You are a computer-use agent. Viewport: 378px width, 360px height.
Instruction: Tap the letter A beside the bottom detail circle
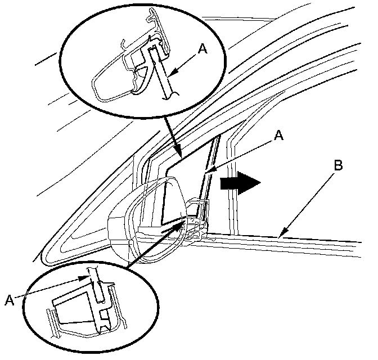(9, 300)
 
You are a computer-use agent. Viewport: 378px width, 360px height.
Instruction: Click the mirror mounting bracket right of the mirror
(197, 219)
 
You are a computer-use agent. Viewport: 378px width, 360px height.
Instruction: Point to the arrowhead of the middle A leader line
(206, 170)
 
